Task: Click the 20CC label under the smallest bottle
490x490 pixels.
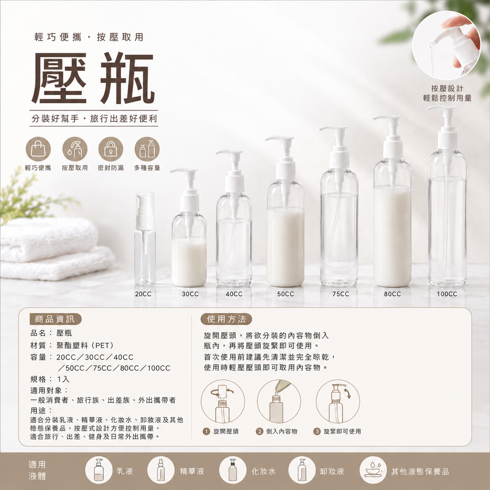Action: tap(143, 294)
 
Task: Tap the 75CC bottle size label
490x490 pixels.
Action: tap(341, 294)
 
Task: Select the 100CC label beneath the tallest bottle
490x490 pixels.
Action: tap(447, 294)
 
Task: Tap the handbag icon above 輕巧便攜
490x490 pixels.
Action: tap(38, 150)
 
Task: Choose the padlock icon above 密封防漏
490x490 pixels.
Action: tap(111, 150)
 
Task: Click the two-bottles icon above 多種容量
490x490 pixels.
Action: tap(147, 150)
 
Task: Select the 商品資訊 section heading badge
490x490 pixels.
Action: tap(55, 319)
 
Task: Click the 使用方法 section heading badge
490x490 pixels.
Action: tap(226, 319)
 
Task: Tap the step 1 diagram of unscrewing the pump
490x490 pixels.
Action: tap(223, 402)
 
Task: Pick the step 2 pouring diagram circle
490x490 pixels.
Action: tap(279, 402)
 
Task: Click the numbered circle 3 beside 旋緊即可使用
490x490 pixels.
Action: tap(317, 431)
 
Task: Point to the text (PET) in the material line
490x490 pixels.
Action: tap(100, 345)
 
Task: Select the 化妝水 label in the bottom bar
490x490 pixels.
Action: tap(263, 472)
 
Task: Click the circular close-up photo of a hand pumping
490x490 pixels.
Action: tap(447, 45)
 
